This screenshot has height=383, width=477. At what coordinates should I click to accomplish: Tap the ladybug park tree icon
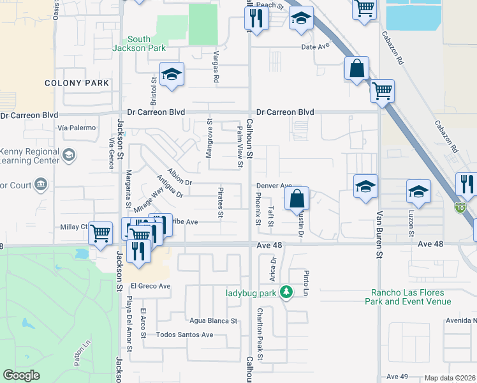[288, 292]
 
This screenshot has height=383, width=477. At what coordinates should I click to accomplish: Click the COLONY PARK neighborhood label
[77, 83]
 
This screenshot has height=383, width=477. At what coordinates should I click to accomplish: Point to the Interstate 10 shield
[460, 207]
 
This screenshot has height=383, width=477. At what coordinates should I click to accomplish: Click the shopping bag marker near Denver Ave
[297, 199]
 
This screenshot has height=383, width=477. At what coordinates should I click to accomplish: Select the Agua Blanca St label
[213, 321]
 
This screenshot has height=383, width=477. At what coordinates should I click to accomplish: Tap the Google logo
[21, 375]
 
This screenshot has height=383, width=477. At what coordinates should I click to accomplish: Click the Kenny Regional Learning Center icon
[68, 154]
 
